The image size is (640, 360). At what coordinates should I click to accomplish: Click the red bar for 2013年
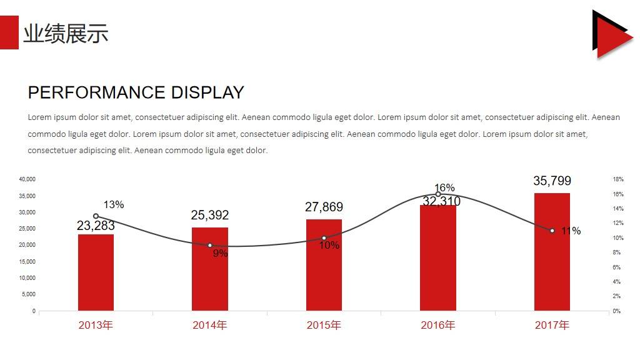click(x=96, y=272)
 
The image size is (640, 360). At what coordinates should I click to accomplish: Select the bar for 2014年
click(x=209, y=269)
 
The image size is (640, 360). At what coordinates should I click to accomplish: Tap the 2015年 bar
click(x=324, y=265)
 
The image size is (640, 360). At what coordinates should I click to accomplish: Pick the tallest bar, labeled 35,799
click(x=552, y=252)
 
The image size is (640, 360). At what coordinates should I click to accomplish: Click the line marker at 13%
click(x=96, y=216)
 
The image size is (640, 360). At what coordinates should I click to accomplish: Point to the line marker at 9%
click(x=209, y=246)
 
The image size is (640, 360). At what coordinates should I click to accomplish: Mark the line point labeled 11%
click(x=552, y=231)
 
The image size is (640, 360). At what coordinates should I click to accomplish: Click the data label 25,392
click(x=209, y=215)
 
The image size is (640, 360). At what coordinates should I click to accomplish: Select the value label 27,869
click(x=324, y=207)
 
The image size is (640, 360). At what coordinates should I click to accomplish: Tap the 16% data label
click(x=444, y=187)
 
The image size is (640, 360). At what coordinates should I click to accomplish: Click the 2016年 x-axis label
click(x=437, y=325)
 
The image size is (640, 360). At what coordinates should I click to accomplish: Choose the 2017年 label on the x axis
click(x=552, y=325)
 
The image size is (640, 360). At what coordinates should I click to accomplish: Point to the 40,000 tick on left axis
click(x=27, y=179)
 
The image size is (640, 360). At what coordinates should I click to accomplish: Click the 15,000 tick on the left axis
click(x=27, y=261)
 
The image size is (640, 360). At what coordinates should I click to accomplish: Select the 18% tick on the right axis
click(x=617, y=179)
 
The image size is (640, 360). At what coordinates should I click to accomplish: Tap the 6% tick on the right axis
click(x=616, y=267)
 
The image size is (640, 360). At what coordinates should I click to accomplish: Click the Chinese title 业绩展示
click(x=66, y=33)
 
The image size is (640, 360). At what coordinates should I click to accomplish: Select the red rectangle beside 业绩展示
click(x=9, y=32)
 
